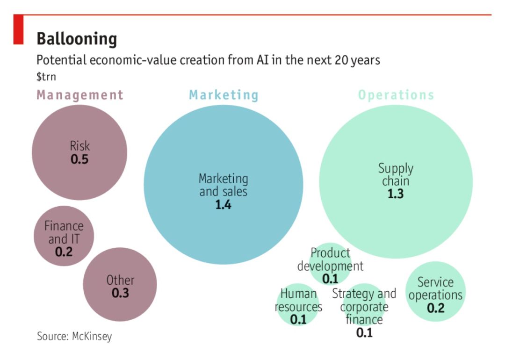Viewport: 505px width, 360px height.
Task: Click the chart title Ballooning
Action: (x=77, y=39)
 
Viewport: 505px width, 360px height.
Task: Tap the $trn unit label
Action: (x=46, y=76)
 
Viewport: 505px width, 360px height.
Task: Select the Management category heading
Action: (x=80, y=95)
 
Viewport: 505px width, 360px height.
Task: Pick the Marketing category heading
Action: (x=224, y=95)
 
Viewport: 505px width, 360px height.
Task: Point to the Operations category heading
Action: (x=396, y=95)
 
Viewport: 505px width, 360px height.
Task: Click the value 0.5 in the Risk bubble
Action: (x=79, y=159)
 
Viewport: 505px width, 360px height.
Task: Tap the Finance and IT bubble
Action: (x=64, y=236)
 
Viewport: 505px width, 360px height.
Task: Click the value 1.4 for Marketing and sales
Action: (x=224, y=205)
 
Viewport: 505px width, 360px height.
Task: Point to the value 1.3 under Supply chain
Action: (x=396, y=194)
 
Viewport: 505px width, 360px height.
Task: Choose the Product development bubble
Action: (x=330, y=265)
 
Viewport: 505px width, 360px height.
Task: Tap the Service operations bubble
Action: (x=435, y=292)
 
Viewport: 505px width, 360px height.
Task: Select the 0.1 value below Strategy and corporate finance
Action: (x=364, y=333)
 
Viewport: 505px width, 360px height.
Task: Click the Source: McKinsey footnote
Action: (x=74, y=336)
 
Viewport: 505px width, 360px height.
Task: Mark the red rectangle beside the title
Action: (x=18, y=29)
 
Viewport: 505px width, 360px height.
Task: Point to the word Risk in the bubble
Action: (x=79, y=145)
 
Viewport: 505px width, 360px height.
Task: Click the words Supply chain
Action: (x=396, y=174)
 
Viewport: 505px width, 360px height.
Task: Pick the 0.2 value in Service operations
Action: (x=435, y=309)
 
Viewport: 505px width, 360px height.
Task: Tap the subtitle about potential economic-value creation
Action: (x=208, y=60)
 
